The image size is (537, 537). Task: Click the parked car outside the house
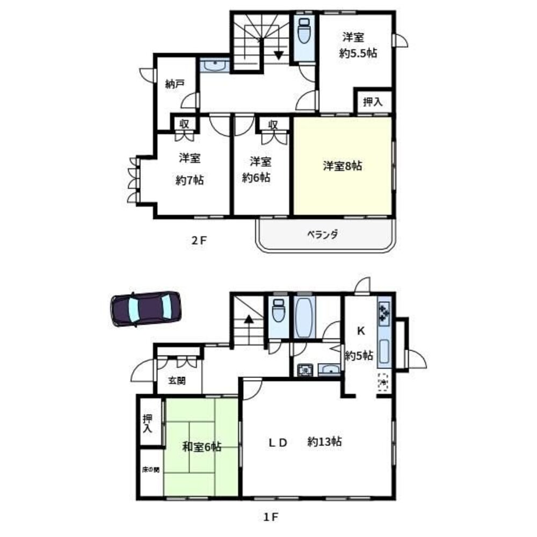click(146, 309)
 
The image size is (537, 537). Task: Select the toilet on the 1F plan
click(278, 310)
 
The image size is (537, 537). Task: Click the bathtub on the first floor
click(304, 317)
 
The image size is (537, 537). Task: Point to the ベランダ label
click(322, 235)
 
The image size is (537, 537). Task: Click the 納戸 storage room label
click(175, 84)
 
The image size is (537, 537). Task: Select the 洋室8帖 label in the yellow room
click(343, 166)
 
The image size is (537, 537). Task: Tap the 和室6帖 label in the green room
click(202, 447)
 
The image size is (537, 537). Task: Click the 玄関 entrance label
click(177, 381)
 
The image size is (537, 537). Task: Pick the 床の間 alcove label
click(151, 469)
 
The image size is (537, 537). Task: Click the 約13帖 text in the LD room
click(324, 442)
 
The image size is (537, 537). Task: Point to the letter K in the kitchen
click(361, 331)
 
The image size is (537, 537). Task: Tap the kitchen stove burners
click(384, 314)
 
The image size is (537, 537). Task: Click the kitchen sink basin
click(384, 351)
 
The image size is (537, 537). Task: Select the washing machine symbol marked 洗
click(304, 370)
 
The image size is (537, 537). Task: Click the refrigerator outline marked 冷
click(383, 382)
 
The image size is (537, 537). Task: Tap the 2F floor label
click(199, 241)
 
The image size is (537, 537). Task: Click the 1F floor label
click(271, 517)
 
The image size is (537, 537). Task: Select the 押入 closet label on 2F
click(373, 101)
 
